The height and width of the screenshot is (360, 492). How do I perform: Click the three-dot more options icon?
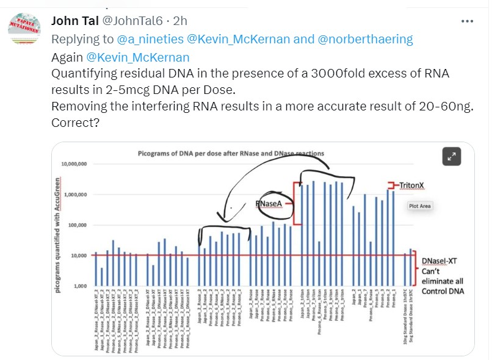(x=468, y=21)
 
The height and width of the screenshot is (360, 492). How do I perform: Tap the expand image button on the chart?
(x=452, y=157)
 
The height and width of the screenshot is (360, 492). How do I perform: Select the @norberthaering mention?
(x=366, y=39)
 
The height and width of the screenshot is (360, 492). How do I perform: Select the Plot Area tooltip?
(x=420, y=206)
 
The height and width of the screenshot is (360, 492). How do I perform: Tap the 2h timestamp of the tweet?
(x=180, y=21)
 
